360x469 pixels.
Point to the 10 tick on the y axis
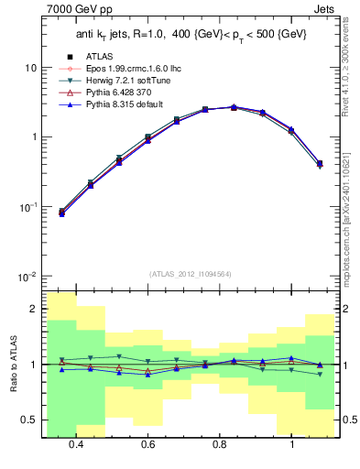click(x=30, y=68)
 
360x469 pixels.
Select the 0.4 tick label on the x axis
click(x=75, y=443)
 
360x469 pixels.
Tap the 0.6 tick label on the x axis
click(x=147, y=443)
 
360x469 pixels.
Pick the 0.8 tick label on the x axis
click(x=219, y=443)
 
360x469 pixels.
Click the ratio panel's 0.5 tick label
click(x=28, y=420)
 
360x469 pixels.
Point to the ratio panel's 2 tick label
click(x=33, y=310)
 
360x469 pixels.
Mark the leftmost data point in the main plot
click(x=61, y=212)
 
